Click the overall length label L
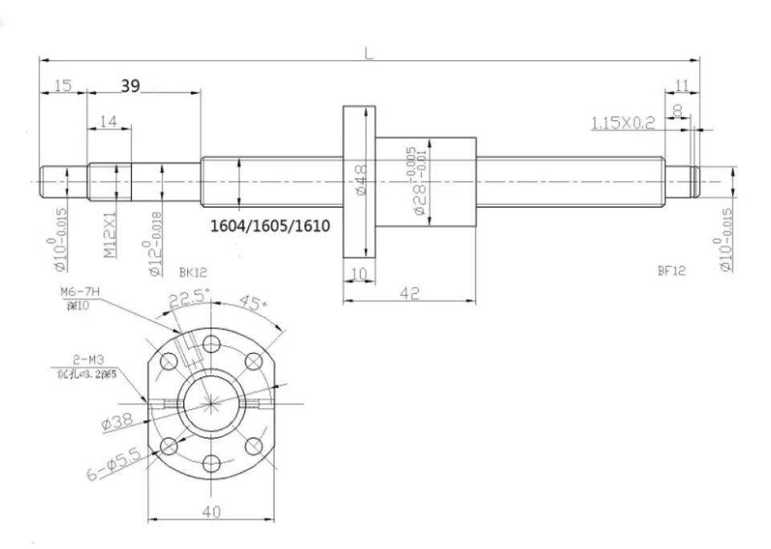click(369, 54)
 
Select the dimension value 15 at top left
click(63, 86)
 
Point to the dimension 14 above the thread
click(108, 121)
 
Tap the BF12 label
click(671, 271)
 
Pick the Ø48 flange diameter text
click(361, 180)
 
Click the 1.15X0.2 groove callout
click(623, 123)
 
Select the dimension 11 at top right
click(682, 85)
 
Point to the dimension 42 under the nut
click(410, 294)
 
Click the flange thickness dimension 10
click(358, 274)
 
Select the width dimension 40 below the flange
click(211, 512)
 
